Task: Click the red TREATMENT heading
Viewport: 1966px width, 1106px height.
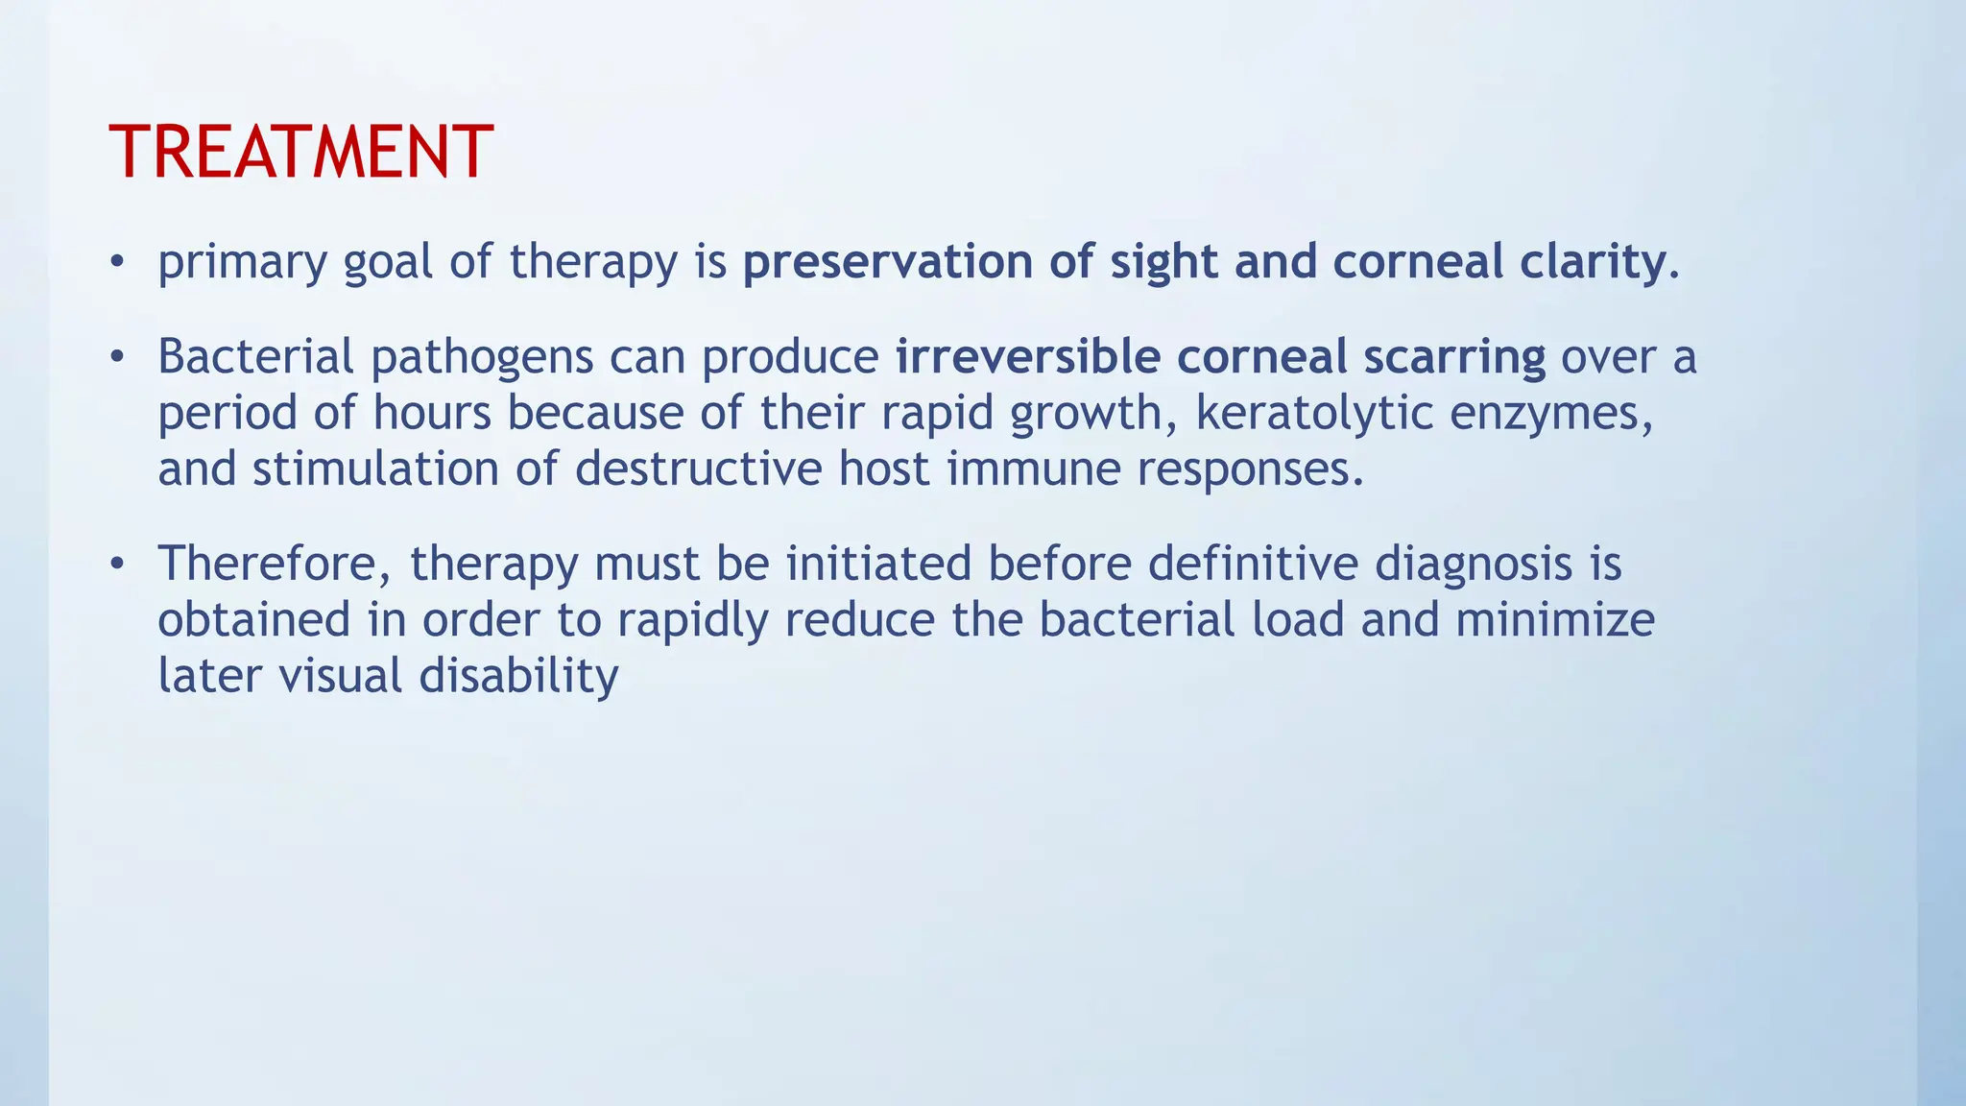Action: pyautogui.click(x=300, y=153)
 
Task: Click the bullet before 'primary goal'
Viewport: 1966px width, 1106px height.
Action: pyautogui.click(x=117, y=261)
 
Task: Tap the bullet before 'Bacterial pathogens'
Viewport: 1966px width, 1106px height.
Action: pyautogui.click(x=117, y=357)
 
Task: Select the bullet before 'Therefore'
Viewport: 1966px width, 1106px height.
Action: pyautogui.click(x=117, y=564)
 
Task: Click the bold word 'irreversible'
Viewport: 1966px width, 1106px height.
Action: pyautogui.click(x=1027, y=357)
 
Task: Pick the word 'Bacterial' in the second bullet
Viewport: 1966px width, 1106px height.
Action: pyautogui.click(x=255, y=357)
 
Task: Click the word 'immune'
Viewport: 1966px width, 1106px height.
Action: pyautogui.click(x=1033, y=469)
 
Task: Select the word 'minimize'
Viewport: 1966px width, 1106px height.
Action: pyautogui.click(x=1554, y=619)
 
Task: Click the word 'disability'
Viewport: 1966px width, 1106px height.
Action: pyautogui.click(x=518, y=676)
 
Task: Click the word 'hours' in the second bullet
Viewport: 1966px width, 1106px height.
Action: pyautogui.click(x=431, y=414)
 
